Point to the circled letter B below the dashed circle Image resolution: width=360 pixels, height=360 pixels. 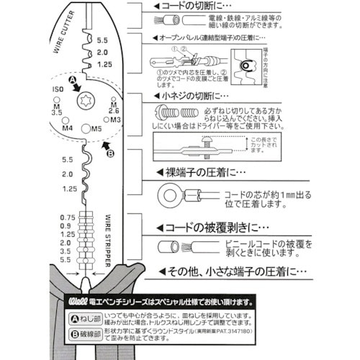coord(110,153)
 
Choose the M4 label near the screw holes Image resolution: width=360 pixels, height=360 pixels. coord(68,127)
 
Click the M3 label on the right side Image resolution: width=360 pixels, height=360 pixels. coord(114,119)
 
